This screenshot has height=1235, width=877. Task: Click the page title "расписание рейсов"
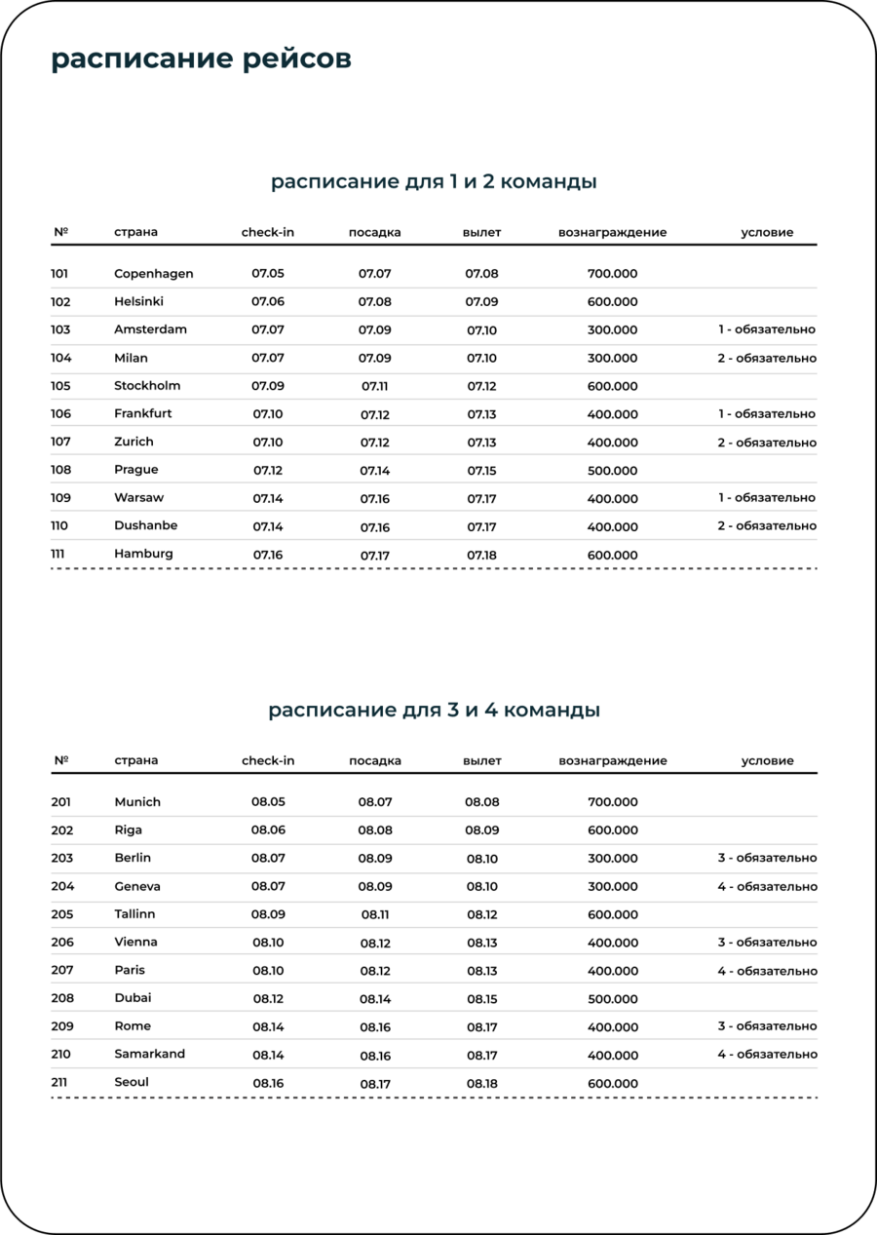click(201, 59)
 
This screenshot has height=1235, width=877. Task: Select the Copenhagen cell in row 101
click(153, 274)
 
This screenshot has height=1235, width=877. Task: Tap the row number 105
click(60, 386)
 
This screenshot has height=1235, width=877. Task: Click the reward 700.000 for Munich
click(612, 802)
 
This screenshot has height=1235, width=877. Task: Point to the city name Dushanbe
click(145, 525)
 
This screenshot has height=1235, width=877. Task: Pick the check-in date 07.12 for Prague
click(267, 470)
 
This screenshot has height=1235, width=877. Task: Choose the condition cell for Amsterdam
click(766, 329)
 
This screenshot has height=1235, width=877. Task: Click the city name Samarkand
click(149, 1054)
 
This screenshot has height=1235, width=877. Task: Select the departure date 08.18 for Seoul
click(481, 1083)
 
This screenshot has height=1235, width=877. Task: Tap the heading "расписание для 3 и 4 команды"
click(434, 711)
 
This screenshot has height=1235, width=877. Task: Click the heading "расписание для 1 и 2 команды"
click(434, 182)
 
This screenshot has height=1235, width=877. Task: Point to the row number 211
click(60, 1082)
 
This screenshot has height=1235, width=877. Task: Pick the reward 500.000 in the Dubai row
click(612, 999)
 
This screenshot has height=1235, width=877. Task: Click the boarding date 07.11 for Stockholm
click(374, 386)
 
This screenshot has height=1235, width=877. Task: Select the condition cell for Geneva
click(767, 886)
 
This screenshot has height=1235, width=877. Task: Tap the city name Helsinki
click(138, 301)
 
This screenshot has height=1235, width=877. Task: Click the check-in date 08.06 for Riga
click(268, 830)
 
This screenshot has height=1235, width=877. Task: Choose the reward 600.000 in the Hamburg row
click(612, 556)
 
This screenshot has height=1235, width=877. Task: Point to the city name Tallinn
click(134, 914)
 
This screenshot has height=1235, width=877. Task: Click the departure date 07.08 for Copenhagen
click(481, 274)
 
